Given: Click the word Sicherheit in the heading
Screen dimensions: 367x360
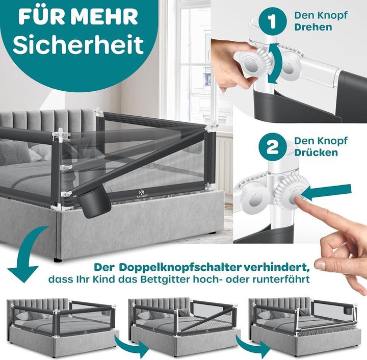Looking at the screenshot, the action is click(78, 44).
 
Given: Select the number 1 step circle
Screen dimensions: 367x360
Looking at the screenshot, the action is click(272, 21).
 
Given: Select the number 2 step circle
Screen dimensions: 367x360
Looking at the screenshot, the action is click(272, 147).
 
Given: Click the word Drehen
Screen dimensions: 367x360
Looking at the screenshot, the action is click(313, 27).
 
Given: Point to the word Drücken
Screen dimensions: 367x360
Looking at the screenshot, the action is click(316, 152).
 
